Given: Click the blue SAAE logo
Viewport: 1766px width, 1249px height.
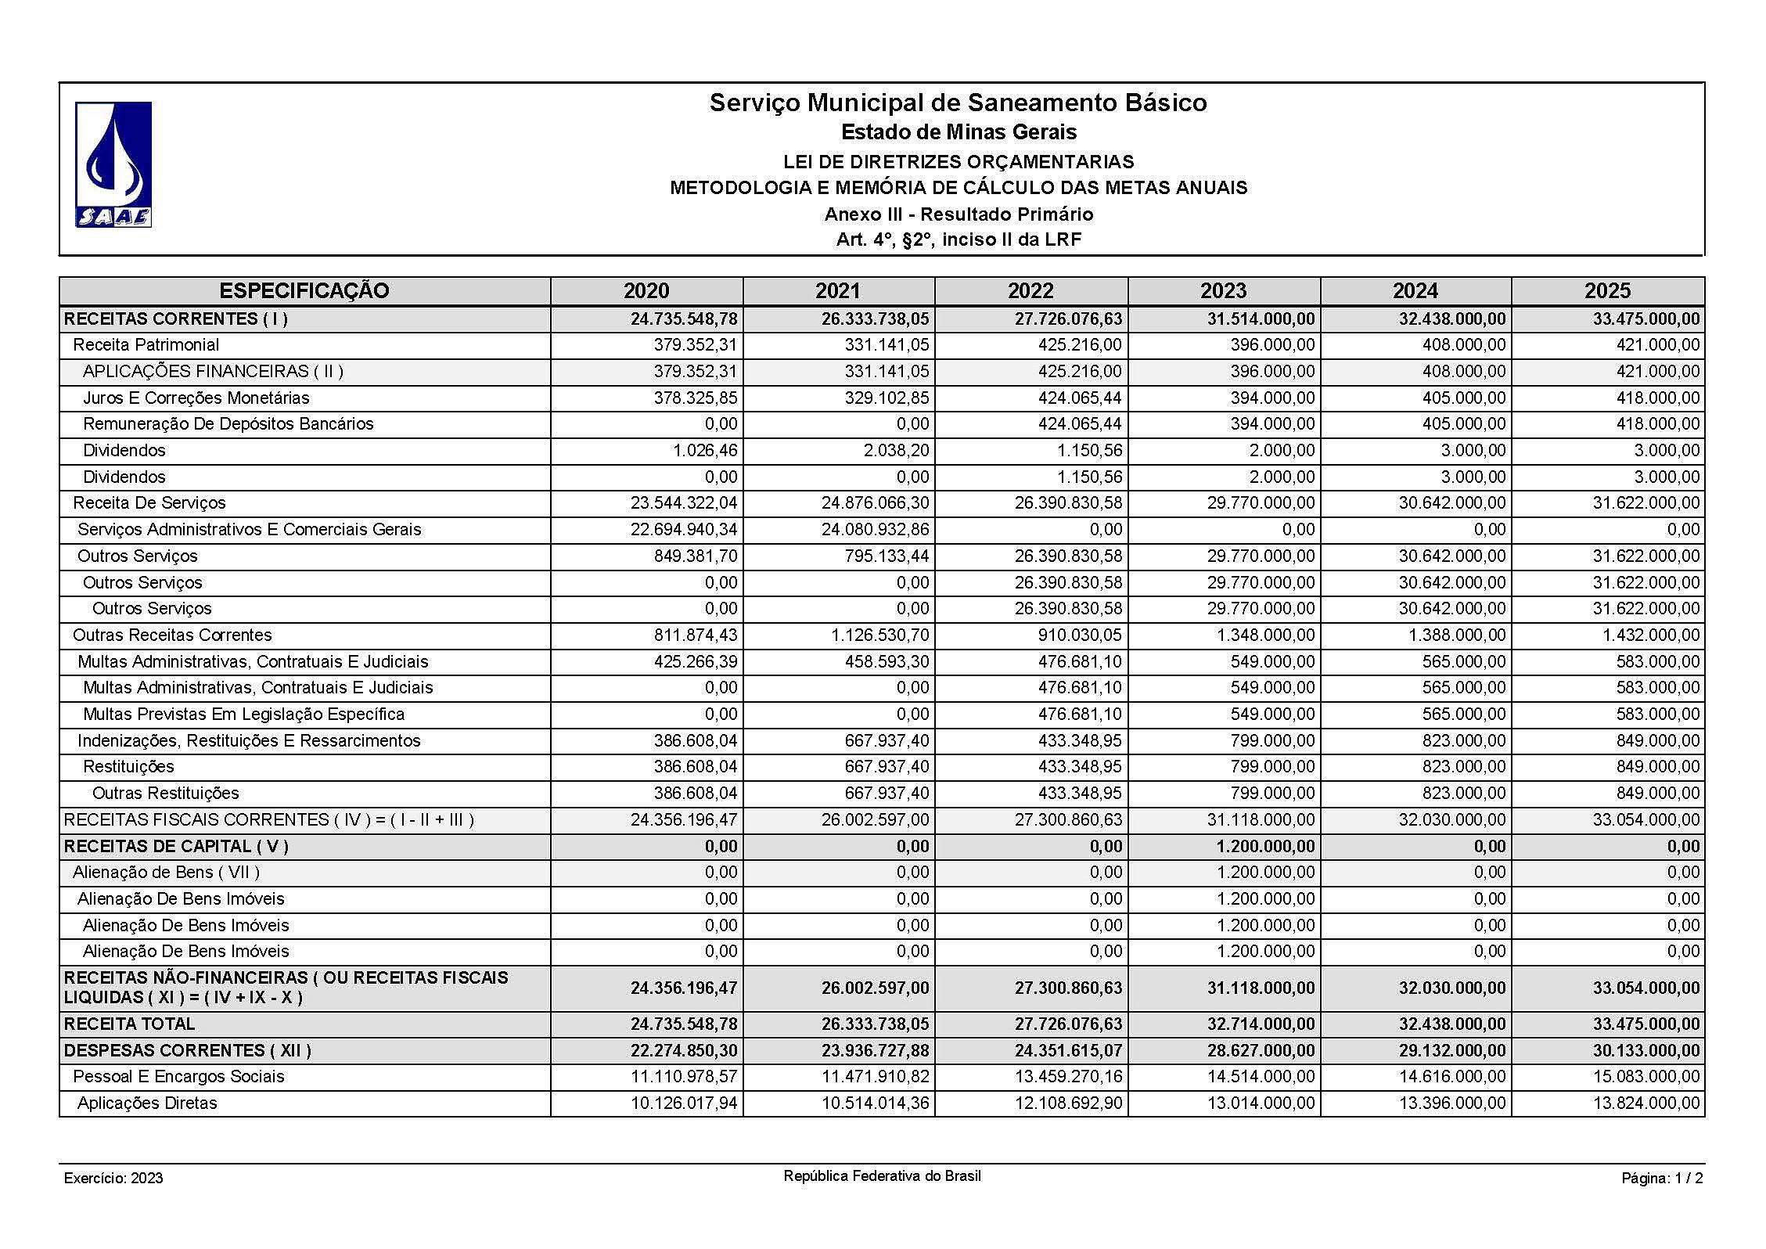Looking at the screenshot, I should click(x=113, y=164).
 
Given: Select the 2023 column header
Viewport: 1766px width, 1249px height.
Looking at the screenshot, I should click(x=1223, y=291).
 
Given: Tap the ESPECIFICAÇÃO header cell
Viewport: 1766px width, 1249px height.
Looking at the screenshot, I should click(x=304, y=291).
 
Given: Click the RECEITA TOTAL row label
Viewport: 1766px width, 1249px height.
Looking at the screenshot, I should click(x=130, y=1024).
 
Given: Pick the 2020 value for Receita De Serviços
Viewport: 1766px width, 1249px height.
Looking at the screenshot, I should click(x=684, y=503).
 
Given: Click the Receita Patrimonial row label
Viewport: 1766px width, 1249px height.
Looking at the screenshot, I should click(x=146, y=345).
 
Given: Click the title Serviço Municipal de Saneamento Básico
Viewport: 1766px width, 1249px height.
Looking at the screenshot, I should click(x=958, y=103).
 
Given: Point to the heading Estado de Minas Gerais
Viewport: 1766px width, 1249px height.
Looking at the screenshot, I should click(x=959, y=132).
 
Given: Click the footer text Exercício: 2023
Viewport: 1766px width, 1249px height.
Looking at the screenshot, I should click(x=113, y=1179).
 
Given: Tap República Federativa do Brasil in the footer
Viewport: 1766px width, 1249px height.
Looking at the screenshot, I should click(x=882, y=1176).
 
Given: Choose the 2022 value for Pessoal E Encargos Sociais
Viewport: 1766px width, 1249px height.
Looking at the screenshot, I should click(x=1068, y=1077).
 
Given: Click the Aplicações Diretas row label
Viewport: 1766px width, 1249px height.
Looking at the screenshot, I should click(x=147, y=1103).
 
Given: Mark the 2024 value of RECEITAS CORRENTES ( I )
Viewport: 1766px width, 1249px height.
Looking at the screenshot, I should click(x=1452, y=319).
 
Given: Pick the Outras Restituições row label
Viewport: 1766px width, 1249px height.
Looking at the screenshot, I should click(x=166, y=794).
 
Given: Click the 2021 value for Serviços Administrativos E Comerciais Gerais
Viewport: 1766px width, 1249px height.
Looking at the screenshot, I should click(x=876, y=530).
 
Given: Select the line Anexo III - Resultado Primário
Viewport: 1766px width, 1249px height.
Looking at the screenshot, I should click(x=959, y=214).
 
